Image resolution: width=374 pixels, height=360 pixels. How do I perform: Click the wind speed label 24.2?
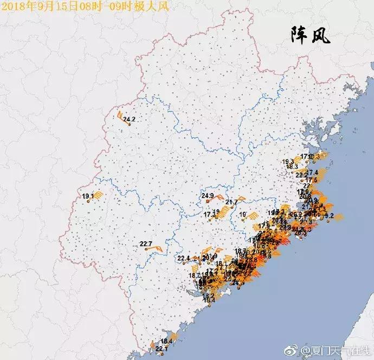129,119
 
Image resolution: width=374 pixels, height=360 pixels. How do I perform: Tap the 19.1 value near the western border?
88,196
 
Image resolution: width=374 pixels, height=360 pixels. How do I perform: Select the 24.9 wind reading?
208,196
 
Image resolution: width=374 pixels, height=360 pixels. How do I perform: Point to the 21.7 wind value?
231,202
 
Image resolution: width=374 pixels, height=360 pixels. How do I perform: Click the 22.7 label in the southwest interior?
146,243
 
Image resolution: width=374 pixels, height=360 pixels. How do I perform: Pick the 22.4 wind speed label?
183,258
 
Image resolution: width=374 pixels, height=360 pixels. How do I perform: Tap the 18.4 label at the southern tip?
166,341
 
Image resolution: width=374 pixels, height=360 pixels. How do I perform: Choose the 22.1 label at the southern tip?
162,350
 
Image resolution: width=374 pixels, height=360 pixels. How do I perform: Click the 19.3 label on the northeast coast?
288,162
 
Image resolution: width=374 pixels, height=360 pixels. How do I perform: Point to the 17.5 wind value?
311,180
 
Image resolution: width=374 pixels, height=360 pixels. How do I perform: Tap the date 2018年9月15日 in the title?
38,6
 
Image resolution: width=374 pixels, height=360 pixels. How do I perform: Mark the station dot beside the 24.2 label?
129,124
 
